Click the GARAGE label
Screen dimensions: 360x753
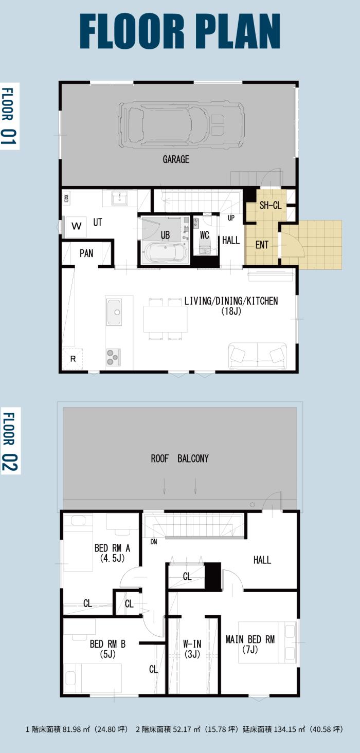click(176, 159)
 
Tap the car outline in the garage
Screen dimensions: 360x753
click(181, 125)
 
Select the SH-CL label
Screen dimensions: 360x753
click(271, 205)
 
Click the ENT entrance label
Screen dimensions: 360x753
click(262, 245)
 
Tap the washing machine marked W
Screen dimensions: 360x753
click(77, 226)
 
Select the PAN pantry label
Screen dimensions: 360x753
click(86, 253)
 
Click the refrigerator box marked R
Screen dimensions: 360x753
click(73, 359)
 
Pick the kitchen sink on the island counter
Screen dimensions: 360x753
click(114, 311)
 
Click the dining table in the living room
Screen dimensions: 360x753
click(165, 319)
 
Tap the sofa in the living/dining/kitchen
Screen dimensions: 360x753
click(258, 356)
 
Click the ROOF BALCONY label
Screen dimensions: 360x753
click(179, 458)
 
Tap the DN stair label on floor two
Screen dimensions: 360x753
click(154, 542)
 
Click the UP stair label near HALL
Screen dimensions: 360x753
click(231, 218)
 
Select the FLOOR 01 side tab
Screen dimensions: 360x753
click(9, 116)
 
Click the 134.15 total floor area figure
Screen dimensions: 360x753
click(285, 729)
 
